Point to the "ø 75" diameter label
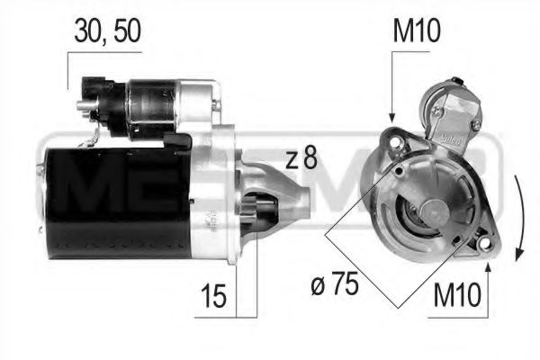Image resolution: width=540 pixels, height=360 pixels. [336, 285]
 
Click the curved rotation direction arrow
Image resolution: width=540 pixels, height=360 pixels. [517, 216]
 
